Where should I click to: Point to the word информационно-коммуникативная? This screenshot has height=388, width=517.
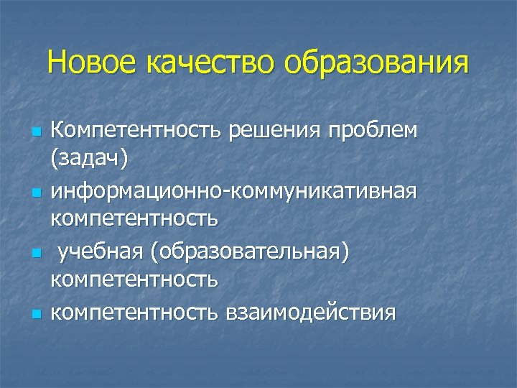(233, 193)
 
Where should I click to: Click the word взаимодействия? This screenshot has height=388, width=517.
(311, 313)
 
